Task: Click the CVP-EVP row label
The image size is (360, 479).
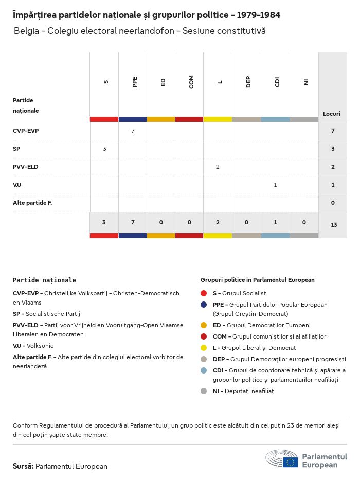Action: [x=26, y=131]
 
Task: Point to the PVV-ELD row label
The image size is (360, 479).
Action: [x=26, y=167]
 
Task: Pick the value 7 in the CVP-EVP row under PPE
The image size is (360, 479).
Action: [x=133, y=131]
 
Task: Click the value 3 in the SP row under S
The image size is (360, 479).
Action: [x=104, y=149]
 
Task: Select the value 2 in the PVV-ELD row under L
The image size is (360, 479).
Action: [x=218, y=167]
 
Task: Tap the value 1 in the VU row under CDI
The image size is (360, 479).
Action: [x=275, y=185]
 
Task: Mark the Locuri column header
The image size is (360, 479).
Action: [x=332, y=113]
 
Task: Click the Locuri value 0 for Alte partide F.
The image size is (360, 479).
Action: [x=333, y=203]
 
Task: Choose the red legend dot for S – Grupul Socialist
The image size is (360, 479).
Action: [x=204, y=293]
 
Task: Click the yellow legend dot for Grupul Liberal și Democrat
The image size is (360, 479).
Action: [x=204, y=348]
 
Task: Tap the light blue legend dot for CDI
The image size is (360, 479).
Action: [x=204, y=370]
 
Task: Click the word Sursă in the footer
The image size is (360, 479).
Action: [x=23, y=466]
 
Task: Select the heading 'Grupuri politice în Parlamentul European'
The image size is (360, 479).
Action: [x=257, y=280]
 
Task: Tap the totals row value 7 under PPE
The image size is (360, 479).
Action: [x=133, y=222]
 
